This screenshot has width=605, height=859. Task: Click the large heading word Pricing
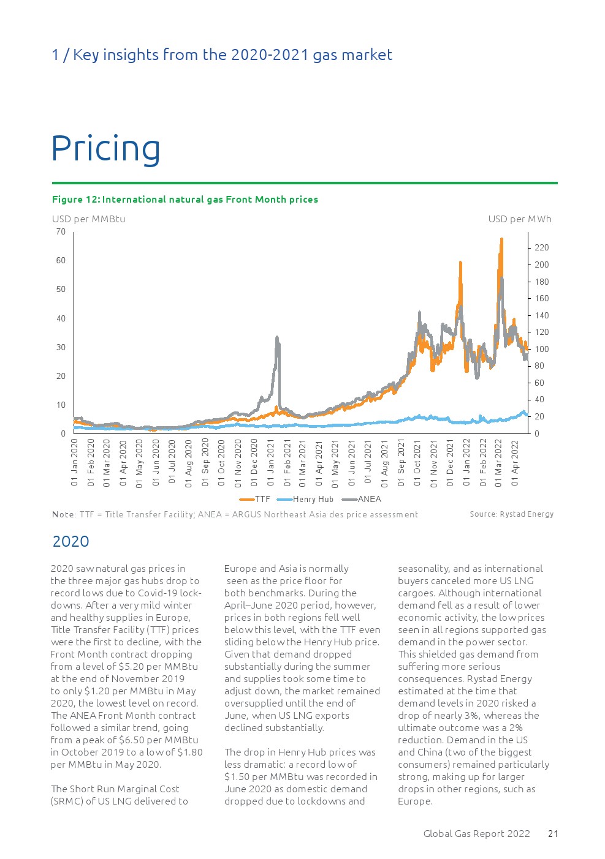coord(105,149)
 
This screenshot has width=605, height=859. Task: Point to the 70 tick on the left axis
coord(61,231)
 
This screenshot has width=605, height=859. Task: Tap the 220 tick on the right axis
coord(541,247)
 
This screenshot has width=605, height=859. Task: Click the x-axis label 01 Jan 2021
coord(271,463)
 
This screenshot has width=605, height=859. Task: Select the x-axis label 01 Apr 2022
coord(516,463)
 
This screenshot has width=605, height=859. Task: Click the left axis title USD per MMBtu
coord(89,219)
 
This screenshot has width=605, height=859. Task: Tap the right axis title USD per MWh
coord(519,219)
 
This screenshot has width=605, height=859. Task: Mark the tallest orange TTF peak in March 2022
coord(501,240)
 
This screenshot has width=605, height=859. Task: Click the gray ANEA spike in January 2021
coord(278,338)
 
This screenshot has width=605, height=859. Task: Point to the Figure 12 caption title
coord(185,199)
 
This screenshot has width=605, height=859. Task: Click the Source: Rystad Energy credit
coord(511,514)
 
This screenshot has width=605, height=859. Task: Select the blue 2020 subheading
coord(71,541)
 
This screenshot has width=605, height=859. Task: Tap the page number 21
coord(553,833)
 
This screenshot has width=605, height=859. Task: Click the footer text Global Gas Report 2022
coord(476,833)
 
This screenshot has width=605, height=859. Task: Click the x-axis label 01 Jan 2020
coord(75,463)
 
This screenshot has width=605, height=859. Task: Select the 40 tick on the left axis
coord(61,318)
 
